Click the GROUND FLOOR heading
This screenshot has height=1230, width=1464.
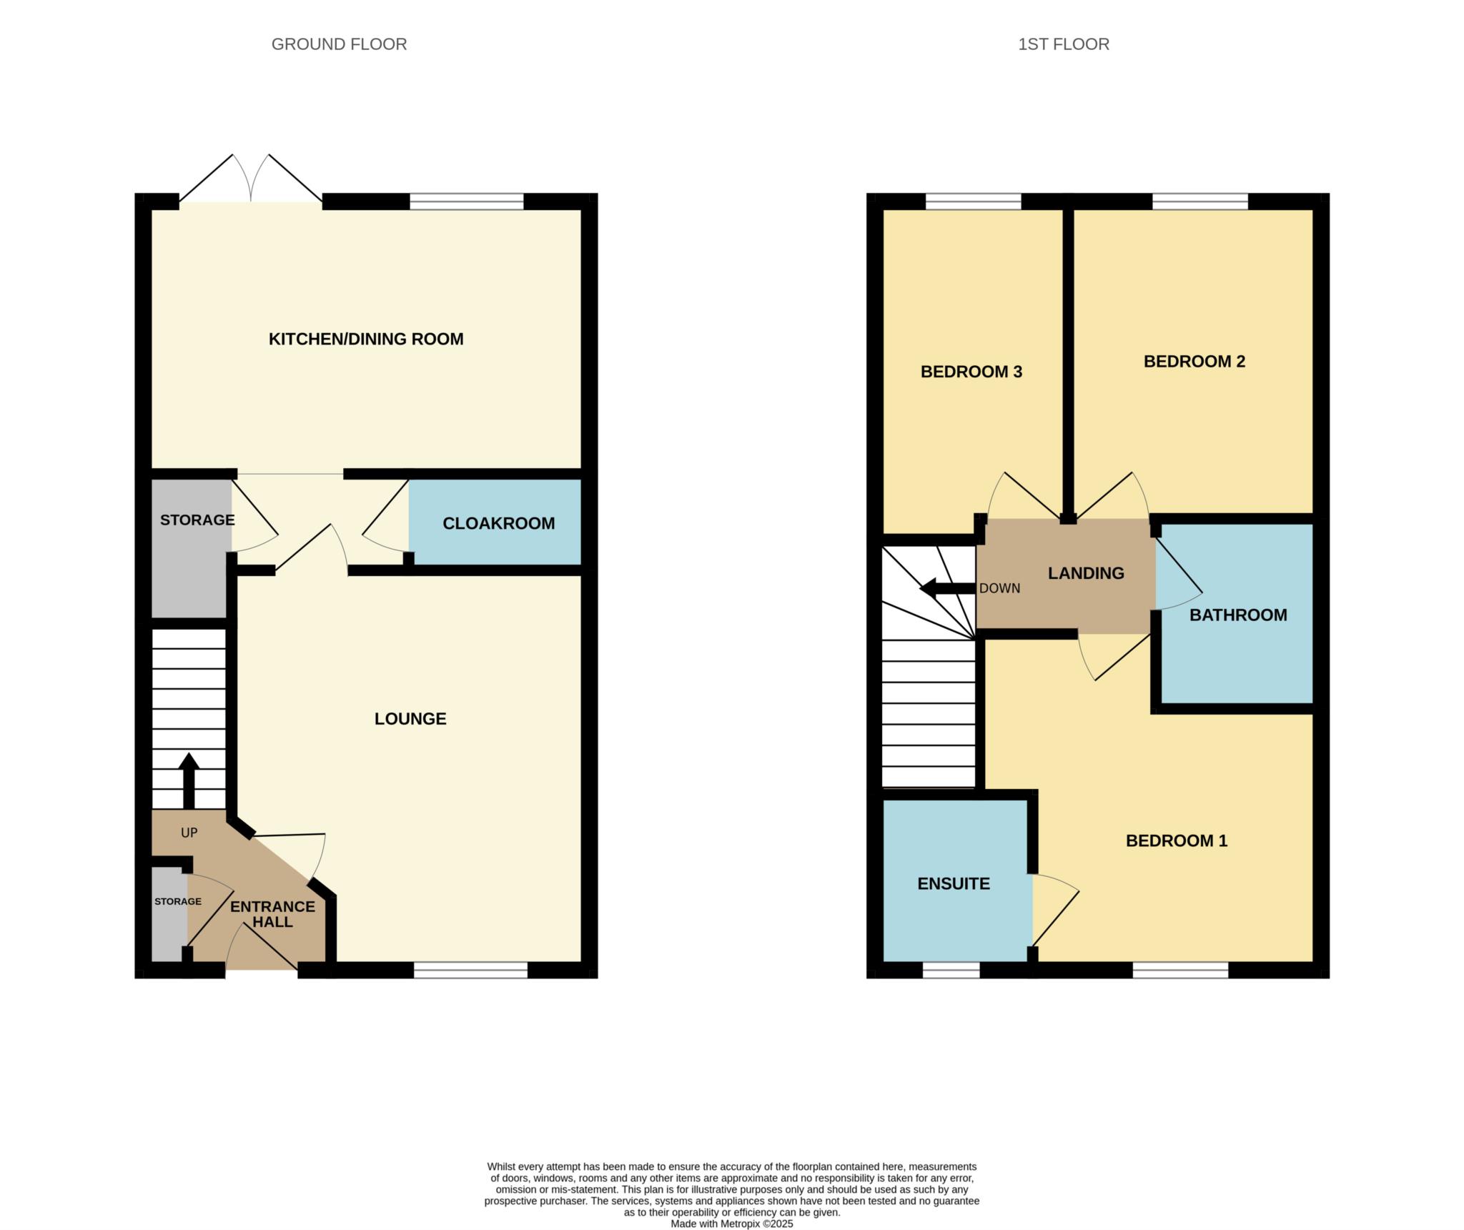pyautogui.click(x=339, y=44)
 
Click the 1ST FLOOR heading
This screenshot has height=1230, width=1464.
pyautogui.click(x=1064, y=44)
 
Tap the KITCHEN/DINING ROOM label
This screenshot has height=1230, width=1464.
pyautogui.click(x=366, y=339)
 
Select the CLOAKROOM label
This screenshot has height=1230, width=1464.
pyautogui.click(x=499, y=523)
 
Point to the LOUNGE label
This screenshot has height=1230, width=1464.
pyautogui.click(x=410, y=718)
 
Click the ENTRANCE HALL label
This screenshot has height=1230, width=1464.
pyautogui.click(x=272, y=914)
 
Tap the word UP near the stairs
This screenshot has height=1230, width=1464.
pyautogui.click(x=189, y=833)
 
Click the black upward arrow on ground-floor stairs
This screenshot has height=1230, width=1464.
pyautogui.click(x=189, y=780)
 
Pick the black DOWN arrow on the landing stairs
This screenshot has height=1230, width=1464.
pyautogui.click(x=948, y=589)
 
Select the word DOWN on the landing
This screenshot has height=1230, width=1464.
pyautogui.click(x=999, y=588)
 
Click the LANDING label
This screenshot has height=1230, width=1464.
pyautogui.click(x=1086, y=573)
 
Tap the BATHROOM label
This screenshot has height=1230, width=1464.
pyautogui.click(x=1238, y=615)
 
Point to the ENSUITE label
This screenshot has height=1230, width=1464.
pyautogui.click(x=954, y=883)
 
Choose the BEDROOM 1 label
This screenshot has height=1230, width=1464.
pyautogui.click(x=1177, y=840)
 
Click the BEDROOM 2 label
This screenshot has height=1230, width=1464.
pyautogui.click(x=1195, y=362)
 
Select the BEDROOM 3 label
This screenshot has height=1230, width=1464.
pyautogui.click(x=971, y=372)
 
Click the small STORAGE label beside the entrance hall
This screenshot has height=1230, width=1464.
pyautogui.click(x=178, y=901)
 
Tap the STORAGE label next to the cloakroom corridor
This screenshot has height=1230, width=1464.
pyautogui.click(x=197, y=520)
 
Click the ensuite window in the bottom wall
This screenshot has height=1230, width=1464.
pyautogui.click(x=951, y=970)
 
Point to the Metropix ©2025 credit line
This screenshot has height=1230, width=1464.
pyautogui.click(x=732, y=1224)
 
